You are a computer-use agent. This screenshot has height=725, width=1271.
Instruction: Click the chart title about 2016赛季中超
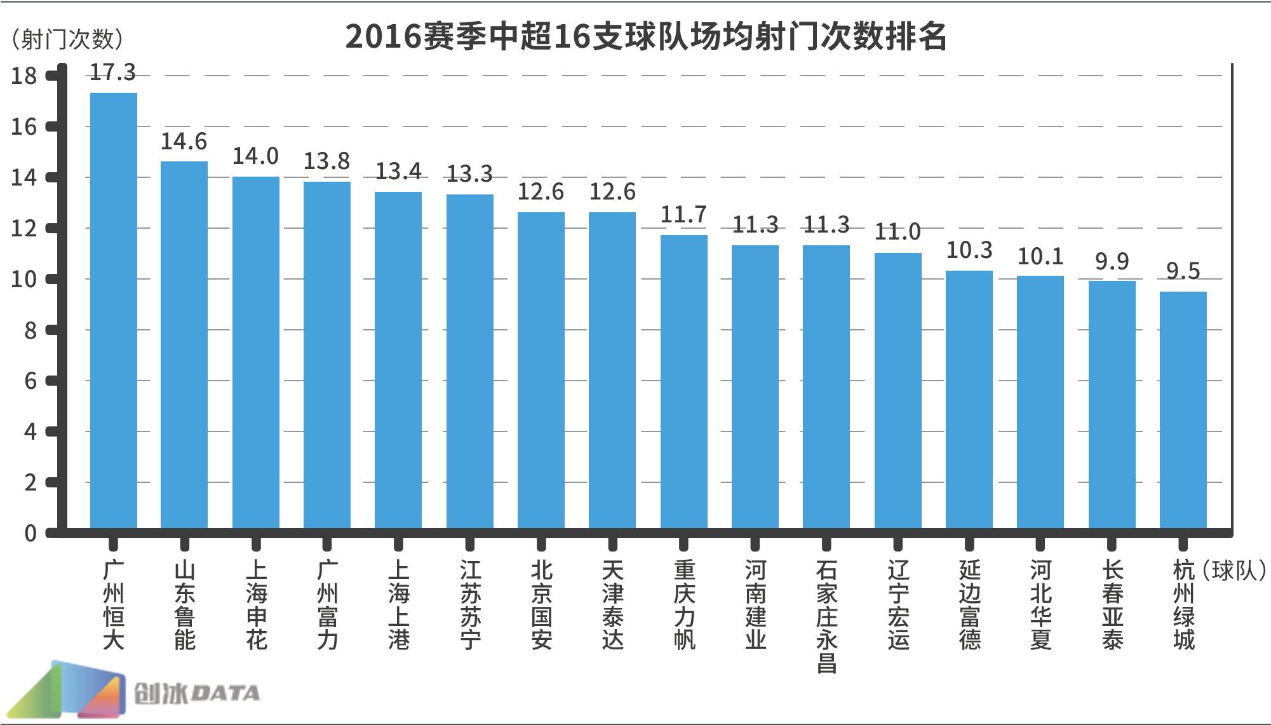[x=646, y=37]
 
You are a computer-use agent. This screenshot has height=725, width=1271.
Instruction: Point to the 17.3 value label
[x=113, y=72]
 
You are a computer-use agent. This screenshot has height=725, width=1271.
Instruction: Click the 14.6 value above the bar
[x=184, y=141]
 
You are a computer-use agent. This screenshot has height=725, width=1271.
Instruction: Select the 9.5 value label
[x=1183, y=271]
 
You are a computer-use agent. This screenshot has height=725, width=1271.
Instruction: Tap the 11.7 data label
[x=683, y=215]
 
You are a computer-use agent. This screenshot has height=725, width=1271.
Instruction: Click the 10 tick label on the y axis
[x=24, y=280]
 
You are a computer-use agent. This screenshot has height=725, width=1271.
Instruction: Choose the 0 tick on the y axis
[x=30, y=534]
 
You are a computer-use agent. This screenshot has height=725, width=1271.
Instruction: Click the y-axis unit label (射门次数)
[x=67, y=39]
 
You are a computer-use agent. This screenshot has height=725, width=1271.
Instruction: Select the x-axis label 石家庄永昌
[x=826, y=616]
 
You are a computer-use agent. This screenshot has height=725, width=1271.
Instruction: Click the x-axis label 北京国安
[x=541, y=605]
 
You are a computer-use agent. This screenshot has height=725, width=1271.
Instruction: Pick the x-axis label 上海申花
[x=256, y=605]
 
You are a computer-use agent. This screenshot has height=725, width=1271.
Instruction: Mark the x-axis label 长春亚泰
[x=1112, y=605]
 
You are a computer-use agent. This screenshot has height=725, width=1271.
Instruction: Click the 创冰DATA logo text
[x=197, y=693]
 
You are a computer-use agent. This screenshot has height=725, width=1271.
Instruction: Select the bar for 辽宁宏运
[x=898, y=390]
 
